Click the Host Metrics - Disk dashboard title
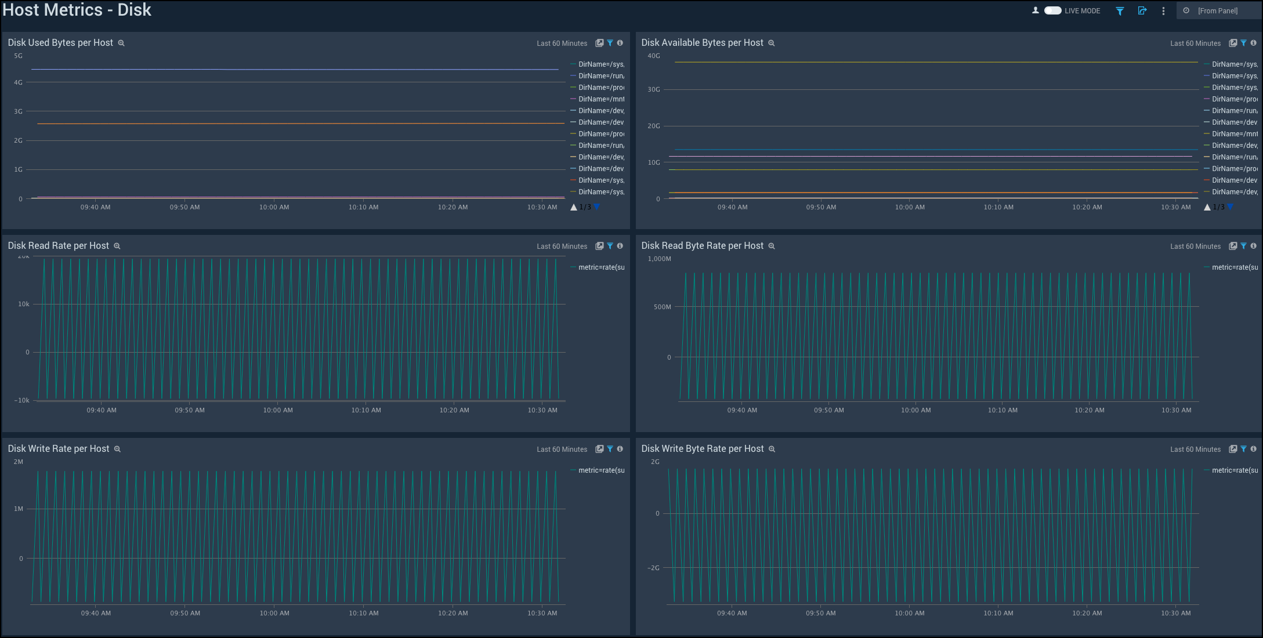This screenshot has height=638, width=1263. pyautogui.click(x=77, y=10)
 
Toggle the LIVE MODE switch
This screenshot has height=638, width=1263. pyautogui.click(x=1052, y=10)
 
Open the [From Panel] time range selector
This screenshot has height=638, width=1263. pyautogui.click(x=1217, y=10)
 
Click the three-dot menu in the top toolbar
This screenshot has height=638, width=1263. pyautogui.click(x=1163, y=11)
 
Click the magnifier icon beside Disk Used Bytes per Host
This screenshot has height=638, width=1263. pyautogui.click(x=121, y=43)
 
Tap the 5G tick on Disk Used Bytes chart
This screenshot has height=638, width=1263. pyautogui.click(x=18, y=56)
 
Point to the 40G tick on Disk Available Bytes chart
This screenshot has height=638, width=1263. pyautogui.click(x=653, y=56)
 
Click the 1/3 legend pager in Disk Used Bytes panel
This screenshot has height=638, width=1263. pyautogui.click(x=585, y=207)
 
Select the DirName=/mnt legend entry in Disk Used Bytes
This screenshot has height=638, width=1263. pyautogui.click(x=600, y=99)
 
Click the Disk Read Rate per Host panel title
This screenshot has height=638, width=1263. pyautogui.click(x=58, y=246)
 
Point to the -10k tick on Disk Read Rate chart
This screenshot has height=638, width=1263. pyautogui.click(x=22, y=400)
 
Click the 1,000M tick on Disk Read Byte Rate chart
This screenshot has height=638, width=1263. pyautogui.click(x=659, y=259)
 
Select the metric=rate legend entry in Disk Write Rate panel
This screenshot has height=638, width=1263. pyautogui.click(x=600, y=470)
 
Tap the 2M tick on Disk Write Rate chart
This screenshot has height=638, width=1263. pyautogui.click(x=18, y=462)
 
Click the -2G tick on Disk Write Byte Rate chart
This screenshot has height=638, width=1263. pyautogui.click(x=653, y=568)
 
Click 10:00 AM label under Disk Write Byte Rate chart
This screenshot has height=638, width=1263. pyautogui.click(x=909, y=613)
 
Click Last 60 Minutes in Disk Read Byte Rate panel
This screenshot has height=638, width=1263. pyautogui.click(x=1195, y=246)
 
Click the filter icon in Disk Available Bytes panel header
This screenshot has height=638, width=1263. pyautogui.click(x=1243, y=43)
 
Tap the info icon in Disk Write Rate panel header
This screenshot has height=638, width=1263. pyautogui.click(x=620, y=449)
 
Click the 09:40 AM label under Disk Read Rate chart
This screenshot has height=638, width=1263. pyautogui.click(x=102, y=410)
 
